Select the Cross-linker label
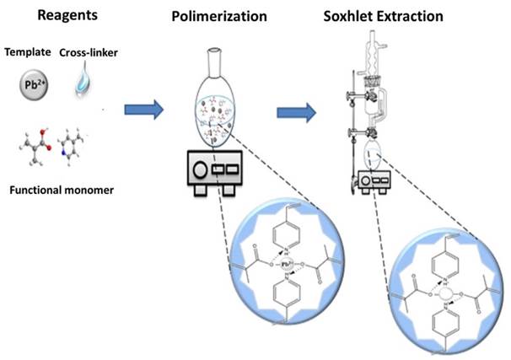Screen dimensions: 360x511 point(87,52)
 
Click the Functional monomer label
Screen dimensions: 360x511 point(59,190)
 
